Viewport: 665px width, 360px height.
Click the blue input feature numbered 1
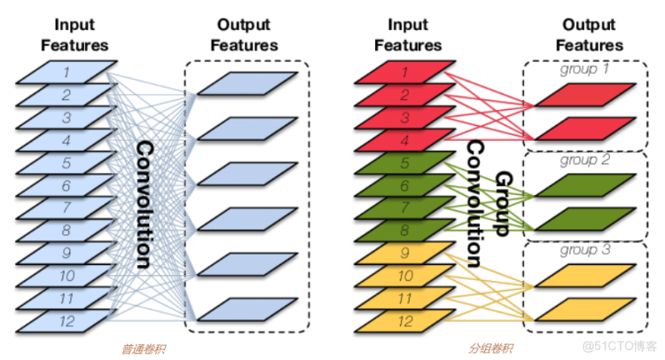(x=66, y=72)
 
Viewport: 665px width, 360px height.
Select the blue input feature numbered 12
(x=66, y=321)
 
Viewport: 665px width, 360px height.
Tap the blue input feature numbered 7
(x=66, y=207)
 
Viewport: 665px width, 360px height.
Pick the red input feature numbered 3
(x=405, y=117)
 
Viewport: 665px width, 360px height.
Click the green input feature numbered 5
(x=405, y=162)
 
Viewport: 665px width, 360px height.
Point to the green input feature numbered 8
(x=405, y=231)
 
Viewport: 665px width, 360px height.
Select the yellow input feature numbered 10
(x=405, y=276)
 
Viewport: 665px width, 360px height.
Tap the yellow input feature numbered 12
(x=405, y=321)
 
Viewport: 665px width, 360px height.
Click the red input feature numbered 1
(x=405, y=72)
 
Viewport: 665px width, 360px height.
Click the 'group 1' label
(x=584, y=68)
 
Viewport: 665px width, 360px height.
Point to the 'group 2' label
(x=585, y=160)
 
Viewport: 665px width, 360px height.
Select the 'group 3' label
(x=585, y=250)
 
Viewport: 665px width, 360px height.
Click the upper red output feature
(x=586, y=95)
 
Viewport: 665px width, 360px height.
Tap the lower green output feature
(x=586, y=219)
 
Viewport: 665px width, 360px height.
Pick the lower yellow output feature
(x=586, y=309)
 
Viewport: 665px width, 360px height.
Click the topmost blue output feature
(x=247, y=83)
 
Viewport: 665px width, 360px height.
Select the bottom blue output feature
(x=247, y=309)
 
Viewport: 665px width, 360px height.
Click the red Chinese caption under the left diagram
(x=144, y=349)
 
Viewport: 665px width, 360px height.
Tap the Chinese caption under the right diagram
(x=490, y=348)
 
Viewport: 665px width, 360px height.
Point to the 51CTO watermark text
(x=620, y=347)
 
